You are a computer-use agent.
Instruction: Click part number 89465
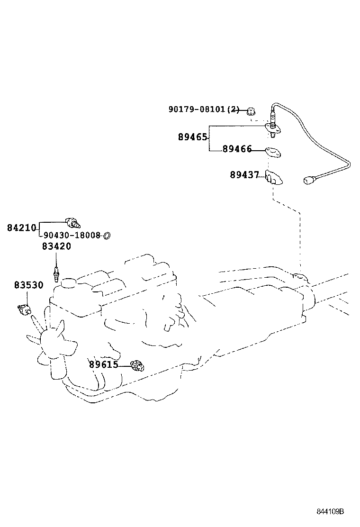coord(193,137)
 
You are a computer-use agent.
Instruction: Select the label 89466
coord(237,149)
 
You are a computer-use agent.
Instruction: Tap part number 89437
coord(244,175)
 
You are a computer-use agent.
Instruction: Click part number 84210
coord(22,228)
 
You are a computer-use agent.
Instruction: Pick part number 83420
coord(56,246)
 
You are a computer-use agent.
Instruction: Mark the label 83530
coord(28,285)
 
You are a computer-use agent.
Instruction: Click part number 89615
coord(103,364)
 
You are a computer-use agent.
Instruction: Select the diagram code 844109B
coord(330,512)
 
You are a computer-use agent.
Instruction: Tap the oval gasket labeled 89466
coord(273,152)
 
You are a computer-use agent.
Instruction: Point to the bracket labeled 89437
coord(273,176)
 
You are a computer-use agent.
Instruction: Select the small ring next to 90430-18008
coord(107,235)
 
